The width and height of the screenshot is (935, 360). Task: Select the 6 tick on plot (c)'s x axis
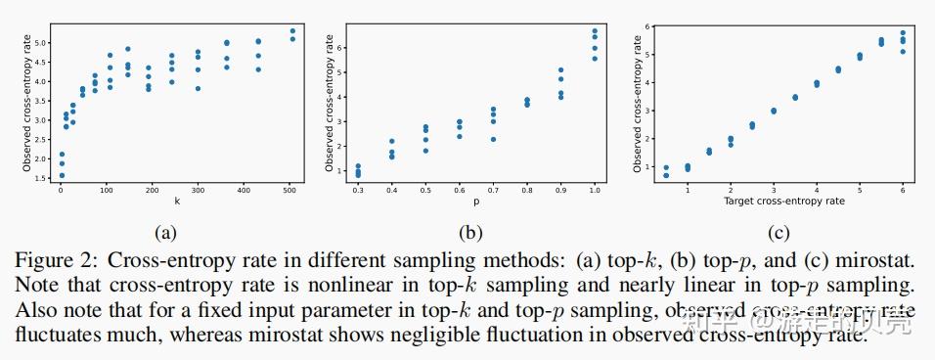pos(902,190)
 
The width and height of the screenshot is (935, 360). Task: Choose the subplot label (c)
pos(779,232)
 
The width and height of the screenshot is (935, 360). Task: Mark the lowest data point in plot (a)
pos(61,176)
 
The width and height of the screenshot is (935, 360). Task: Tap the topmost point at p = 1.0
pos(595,30)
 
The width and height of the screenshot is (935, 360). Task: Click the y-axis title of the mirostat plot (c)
pos(638,101)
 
